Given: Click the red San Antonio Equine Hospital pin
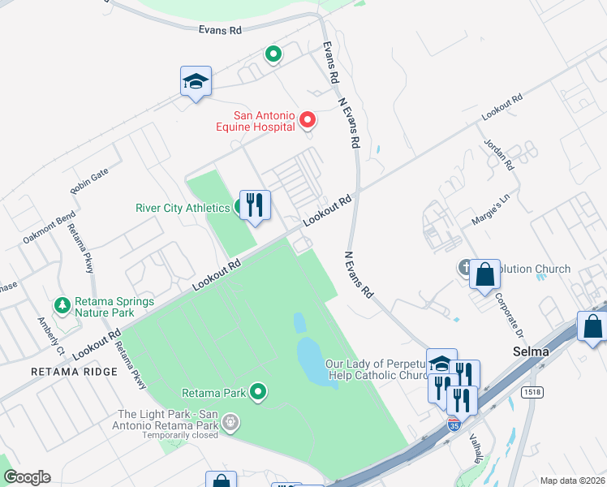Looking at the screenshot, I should tap(308, 121).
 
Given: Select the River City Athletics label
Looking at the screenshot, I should tap(183, 208).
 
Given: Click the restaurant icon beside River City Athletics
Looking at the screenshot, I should tap(255, 206).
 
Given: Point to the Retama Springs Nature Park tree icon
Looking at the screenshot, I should tap(62, 306).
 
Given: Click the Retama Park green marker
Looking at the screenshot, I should tap(259, 393).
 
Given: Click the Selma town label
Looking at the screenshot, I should tap(532, 352).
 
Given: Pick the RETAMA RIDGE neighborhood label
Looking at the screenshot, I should tap(74, 372).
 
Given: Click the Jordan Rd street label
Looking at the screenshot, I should tap(499, 153).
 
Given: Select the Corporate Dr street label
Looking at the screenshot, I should tap(514, 316).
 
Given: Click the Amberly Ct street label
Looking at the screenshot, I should tap(50, 335).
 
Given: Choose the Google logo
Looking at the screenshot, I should tap(27, 477).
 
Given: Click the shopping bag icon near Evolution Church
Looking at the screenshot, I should tap(484, 274).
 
